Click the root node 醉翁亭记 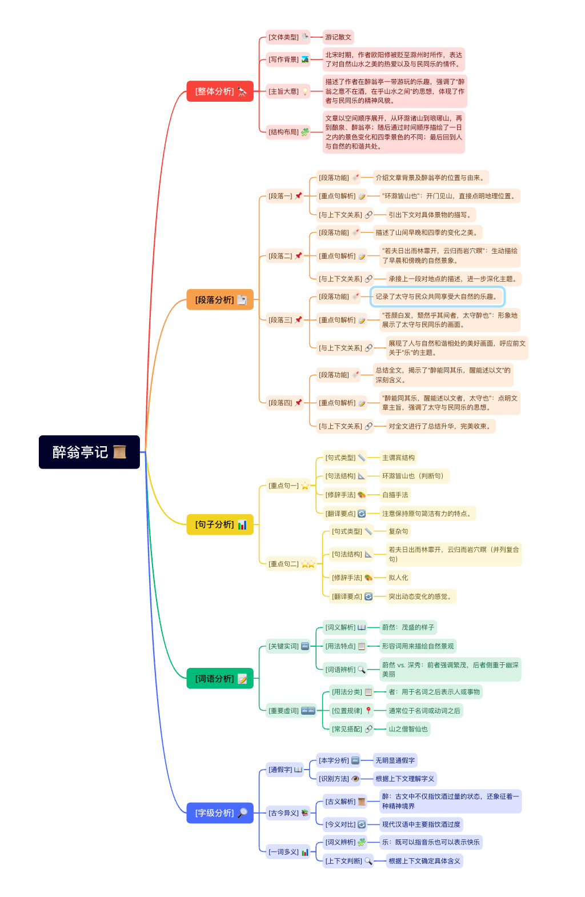point(89,452)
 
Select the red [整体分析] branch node point(220,91)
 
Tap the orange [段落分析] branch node point(220,300)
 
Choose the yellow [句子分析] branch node point(220,524)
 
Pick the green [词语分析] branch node point(220,679)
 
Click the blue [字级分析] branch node point(220,812)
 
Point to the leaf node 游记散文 point(338,37)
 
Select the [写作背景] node point(288,59)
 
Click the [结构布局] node point(288,132)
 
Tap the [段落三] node point(285,320)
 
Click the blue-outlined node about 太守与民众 point(438,297)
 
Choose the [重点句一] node point(288,486)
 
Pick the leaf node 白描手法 point(395,495)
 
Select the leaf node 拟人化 point(398,578)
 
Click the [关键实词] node point(288,646)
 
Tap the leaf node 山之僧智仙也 point(408,729)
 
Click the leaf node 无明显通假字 point(395,760)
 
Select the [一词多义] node point(288,852)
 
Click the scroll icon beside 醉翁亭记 point(119,452)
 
